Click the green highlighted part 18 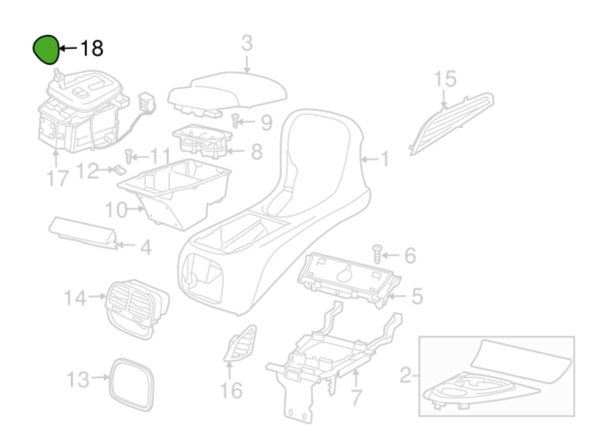pyautogui.click(x=46, y=50)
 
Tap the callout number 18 pyautogui.click(x=92, y=48)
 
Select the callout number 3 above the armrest pyautogui.click(x=247, y=43)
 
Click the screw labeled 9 pyautogui.click(x=235, y=120)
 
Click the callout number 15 pyautogui.click(x=445, y=79)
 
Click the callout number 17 pyautogui.click(x=57, y=178)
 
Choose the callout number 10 pyautogui.click(x=116, y=210)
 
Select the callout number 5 pyautogui.click(x=417, y=296)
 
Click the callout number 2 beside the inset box pyautogui.click(x=405, y=375)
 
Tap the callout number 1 pyautogui.click(x=385, y=159)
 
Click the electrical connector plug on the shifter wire pyautogui.click(x=145, y=101)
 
